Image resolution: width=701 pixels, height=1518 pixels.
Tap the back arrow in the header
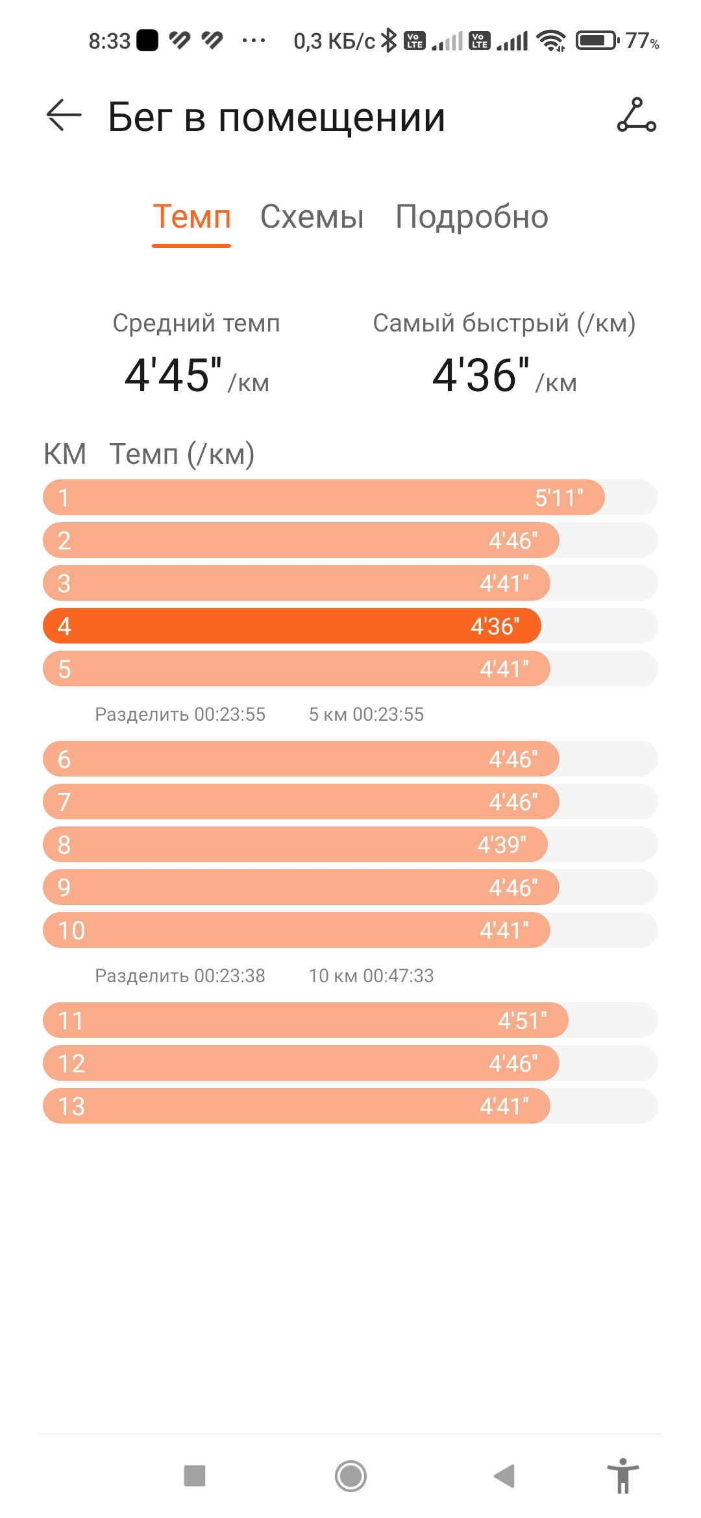point(64,115)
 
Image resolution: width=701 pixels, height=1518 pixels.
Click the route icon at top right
point(636,115)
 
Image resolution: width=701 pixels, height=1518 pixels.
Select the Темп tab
point(191,217)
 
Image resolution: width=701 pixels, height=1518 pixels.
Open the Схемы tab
point(312,217)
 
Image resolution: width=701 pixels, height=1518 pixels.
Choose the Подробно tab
point(472,217)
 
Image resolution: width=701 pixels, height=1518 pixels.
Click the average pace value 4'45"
point(173,375)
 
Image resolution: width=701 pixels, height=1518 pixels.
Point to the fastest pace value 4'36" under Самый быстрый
point(481,375)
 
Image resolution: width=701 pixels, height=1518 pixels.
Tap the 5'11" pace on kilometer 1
point(559,498)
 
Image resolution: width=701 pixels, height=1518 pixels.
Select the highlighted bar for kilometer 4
point(291,626)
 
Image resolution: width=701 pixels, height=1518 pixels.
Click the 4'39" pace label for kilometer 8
point(502,845)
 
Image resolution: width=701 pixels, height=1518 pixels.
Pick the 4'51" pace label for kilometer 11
point(523,1020)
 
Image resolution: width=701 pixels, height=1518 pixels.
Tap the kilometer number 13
point(71,1106)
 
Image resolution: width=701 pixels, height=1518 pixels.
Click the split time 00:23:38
point(230,976)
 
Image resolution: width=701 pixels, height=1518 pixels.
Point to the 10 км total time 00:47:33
point(399,976)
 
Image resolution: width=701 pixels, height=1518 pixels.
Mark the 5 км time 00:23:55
point(388,714)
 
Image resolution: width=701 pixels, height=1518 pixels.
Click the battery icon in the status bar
point(598,41)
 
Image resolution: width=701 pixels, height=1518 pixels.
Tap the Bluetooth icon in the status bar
point(388,40)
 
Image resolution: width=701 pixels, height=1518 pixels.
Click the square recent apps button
point(195,1476)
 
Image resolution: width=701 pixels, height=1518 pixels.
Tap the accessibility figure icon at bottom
point(623,1476)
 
